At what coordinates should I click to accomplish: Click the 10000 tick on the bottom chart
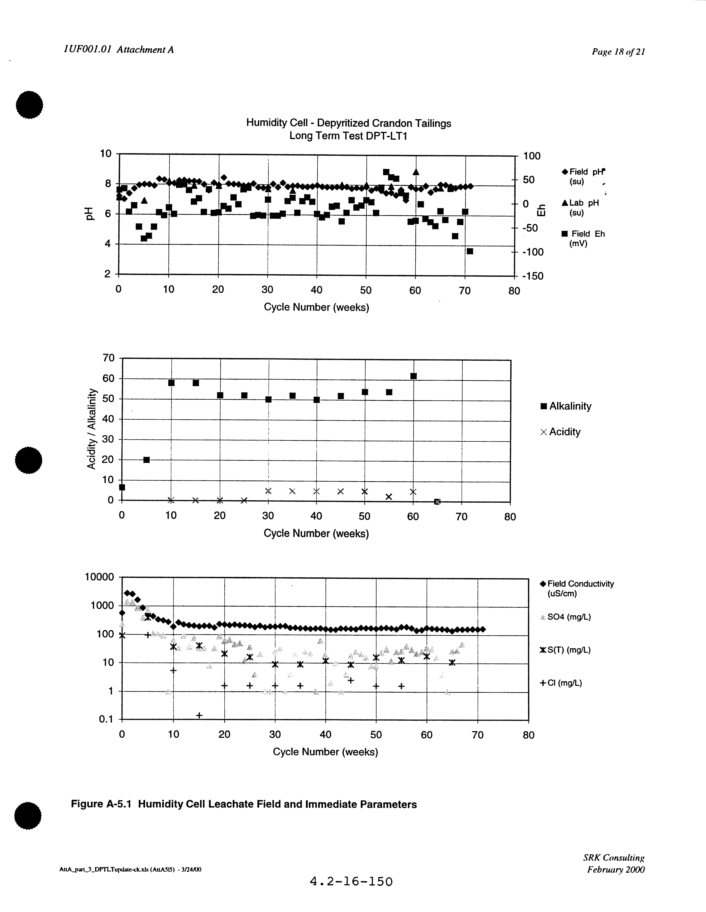(99, 577)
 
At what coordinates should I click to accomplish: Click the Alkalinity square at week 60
(413, 376)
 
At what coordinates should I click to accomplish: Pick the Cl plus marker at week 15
(199, 715)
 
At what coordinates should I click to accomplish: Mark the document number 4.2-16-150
(351, 881)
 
